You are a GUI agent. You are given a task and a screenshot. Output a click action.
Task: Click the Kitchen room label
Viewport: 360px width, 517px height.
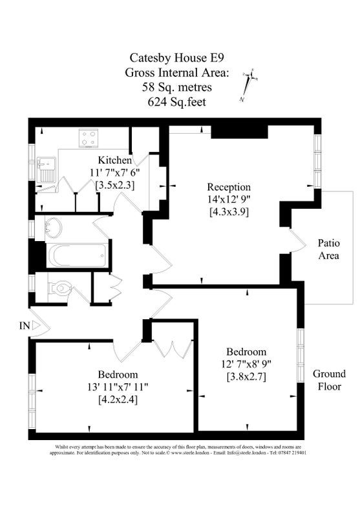[x=115, y=160]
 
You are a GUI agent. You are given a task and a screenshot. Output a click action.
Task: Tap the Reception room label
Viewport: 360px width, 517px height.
[x=229, y=187]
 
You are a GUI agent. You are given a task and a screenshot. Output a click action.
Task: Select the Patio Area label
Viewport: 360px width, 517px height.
[x=329, y=249]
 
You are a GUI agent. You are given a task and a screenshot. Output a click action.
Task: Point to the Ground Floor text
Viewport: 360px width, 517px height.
[x=330, y=380]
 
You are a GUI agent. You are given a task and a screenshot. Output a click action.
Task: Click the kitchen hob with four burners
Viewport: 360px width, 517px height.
[x=89, y=138]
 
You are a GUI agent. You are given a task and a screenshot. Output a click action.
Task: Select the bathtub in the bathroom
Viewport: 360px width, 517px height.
[x=77, y=256]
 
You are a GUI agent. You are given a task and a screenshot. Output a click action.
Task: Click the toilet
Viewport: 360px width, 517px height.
[x=59, y=288]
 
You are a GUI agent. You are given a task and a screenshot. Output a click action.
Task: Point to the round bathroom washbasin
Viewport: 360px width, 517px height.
[x=53, y=227]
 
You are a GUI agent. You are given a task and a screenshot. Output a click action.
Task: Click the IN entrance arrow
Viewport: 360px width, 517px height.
[x=36, y=326]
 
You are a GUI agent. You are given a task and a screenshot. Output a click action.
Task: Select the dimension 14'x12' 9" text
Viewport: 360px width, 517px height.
[x=229, y=199]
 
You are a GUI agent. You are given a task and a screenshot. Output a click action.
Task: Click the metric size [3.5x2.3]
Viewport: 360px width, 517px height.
[x=115, y=185]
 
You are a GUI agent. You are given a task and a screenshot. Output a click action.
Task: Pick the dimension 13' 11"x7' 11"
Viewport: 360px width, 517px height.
[x=118, y=386]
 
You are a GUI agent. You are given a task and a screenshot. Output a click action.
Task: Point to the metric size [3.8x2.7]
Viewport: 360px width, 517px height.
[x=247, y=376]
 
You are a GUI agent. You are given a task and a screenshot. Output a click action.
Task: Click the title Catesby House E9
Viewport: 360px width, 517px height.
[x=176, y=58]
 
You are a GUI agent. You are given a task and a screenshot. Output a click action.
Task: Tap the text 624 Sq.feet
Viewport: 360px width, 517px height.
[x=176, y=101]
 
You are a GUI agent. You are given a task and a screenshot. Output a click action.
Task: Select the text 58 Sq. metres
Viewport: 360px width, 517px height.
[x=177, y=87]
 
